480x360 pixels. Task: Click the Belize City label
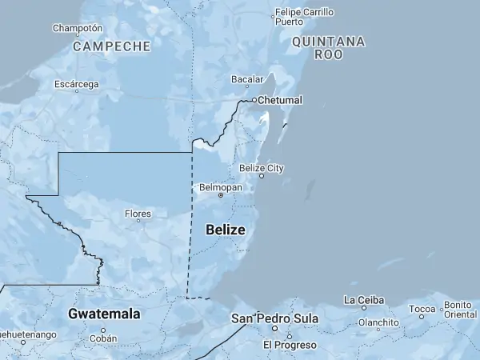[x=261, y=168]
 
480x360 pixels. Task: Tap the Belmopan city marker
[x=221, y=194]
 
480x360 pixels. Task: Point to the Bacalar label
[x=246, y=80]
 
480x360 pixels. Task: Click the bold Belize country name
[x=226, y=230]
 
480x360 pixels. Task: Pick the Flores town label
[x=138, y=214]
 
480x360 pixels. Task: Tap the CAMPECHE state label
[x=111, y=46]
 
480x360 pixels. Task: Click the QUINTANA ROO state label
[x=328, y=48]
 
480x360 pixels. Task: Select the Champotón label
[x=77, y=28]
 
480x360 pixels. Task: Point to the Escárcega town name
[x=77, y=84]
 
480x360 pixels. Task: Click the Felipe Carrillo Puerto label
[x=304, y=17]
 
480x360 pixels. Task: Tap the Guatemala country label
[x=104, y=314]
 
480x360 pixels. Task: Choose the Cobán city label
[x=103, y=338]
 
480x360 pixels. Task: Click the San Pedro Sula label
[x=274, y=318]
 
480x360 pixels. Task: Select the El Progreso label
[x=290, y=345]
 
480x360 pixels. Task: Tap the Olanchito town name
[x=378, y=322]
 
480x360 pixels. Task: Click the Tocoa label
[x=422, y=308]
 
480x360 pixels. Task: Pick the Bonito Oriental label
[x=460, y=310]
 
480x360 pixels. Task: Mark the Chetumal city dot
[x=254, y=100]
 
